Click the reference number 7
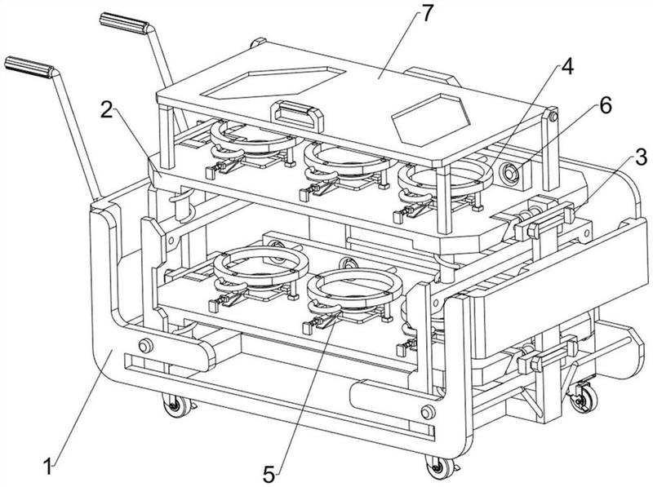pyautogui.click(x=427, y=15)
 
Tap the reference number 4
pyautogui.click(x=566, y=67)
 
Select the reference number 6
pyautogui.click(x=606, y=105)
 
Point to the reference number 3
pyautogui.click(x=641, y=157)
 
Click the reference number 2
pyautogui.click(x=107, y=110)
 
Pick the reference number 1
pyautogui.click(x=49, y=466)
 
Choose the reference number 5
pyautogui.click(x=269, y=475)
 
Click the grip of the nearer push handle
pyautogui.click(x=29, y=68)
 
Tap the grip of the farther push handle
pyautogui.click(x=124, y=24)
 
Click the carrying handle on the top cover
pyautogui.click(x=297, y=115)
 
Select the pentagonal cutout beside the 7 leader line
pyautogui.click(x=273, y=82)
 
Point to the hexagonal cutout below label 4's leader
pyautogui.click(x=432, y=119)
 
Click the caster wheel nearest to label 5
pyautogui.click(x=439, y=467)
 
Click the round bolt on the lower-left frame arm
pyautogui.click(x=145, y=346)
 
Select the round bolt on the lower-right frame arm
pyautogui.click(x=428, y=412)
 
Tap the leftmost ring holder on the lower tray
pyautogui.click(x=260, y=266)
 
